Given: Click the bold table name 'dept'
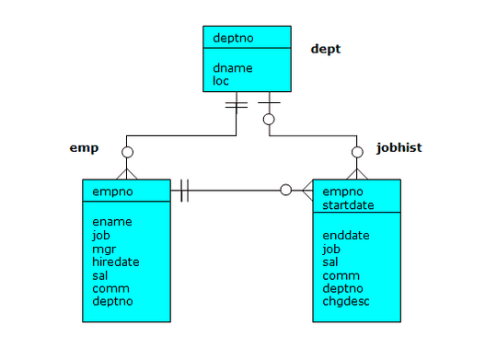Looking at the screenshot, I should pos(325,49).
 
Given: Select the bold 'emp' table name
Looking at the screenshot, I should pos(84,146).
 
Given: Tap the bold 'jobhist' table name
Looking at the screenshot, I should pos(400,146).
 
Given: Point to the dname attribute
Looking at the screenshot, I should pos(232,67).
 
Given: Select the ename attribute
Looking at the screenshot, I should pos(112,222).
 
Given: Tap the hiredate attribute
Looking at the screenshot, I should pos(117,261).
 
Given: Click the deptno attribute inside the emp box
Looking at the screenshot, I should pos(112,301).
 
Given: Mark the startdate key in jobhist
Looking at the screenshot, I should pos(348,203).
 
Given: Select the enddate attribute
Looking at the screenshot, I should pos(346,236).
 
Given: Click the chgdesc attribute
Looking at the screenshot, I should pos(346,301).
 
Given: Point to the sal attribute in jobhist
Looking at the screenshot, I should pos(330,261).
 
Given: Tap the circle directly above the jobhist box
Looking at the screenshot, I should pos(358,152).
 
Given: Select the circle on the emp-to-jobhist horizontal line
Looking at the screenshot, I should pos(285,191).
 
